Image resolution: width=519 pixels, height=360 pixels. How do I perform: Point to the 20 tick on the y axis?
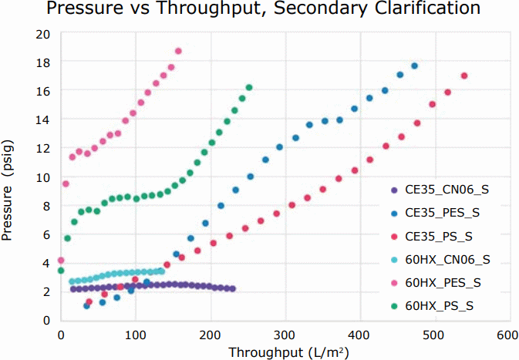point(44,35)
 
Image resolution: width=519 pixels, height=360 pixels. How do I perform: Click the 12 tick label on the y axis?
point(44,148)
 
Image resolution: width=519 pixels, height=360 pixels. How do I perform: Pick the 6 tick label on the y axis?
point(47,234)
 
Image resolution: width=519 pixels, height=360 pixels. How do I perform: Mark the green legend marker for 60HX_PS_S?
point(394,306)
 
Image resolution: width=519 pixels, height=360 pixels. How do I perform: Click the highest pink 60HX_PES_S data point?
point(178,52)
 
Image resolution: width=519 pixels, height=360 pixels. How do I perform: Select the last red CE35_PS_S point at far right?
point(464,76)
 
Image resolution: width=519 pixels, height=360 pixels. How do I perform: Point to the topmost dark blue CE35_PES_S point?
point(414,66)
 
